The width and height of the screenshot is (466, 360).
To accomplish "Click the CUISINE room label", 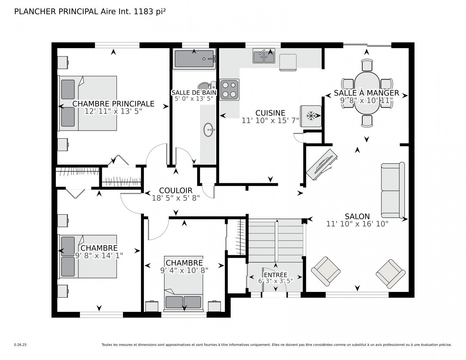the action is pyautogui.click(x=270, y=113).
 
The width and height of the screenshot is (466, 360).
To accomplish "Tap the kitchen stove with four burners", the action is pyautogui.click(x=229, y=90).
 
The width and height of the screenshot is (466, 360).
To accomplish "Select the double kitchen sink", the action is pyautogui.click(x=264, y=56).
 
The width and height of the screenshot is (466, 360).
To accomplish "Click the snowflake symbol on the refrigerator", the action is pyautogui.click(x=310, y=116).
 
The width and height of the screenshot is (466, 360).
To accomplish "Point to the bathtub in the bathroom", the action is pyautogui.click(x=194, y=59).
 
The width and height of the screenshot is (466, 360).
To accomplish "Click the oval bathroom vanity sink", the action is pyautogui.click(x=209, y=130).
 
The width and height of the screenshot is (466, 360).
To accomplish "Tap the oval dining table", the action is pyautogui.click(x=367, y=93).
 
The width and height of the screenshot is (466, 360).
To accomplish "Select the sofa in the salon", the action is pyautogui.click(x=393, y=190).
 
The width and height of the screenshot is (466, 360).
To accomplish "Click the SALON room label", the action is pyautogui.click(x=357, y=216).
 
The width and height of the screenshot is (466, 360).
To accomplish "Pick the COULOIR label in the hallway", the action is pyautogui.click(x=176, y=190).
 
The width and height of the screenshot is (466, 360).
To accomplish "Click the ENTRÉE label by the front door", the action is pyautogui.click(x=276, y=275).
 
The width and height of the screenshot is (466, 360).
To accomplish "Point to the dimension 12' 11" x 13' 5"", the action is pyautogui.click(x=113, y=111).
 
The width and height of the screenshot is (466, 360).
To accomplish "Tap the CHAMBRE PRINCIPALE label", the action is pyautogui.click(x=113, y=104).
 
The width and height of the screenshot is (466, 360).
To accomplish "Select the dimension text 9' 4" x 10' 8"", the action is pyautogui.click(x=184, y=270).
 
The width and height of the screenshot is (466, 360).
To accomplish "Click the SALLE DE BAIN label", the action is pyautogui.click(x=194, y=93).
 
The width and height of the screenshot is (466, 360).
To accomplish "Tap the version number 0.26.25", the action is pyautogui.click(x=21, y=345).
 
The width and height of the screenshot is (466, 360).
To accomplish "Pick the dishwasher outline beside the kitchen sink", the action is pyautogui.click(x=288, y=62).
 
